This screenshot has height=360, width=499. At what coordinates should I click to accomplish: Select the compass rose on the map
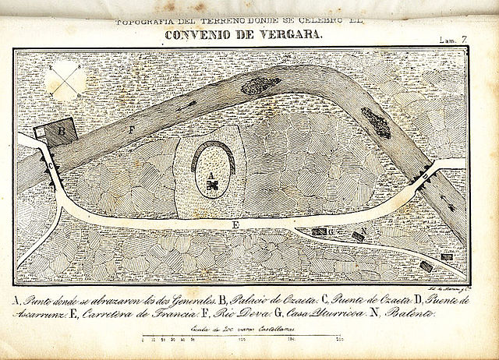tap(68, 80)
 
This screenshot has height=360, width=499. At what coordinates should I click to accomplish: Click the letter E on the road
tap(235, 224)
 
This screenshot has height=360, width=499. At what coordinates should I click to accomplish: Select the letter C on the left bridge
tap(51, 166)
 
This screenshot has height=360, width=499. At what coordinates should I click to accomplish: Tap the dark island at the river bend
tap(377, 122)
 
